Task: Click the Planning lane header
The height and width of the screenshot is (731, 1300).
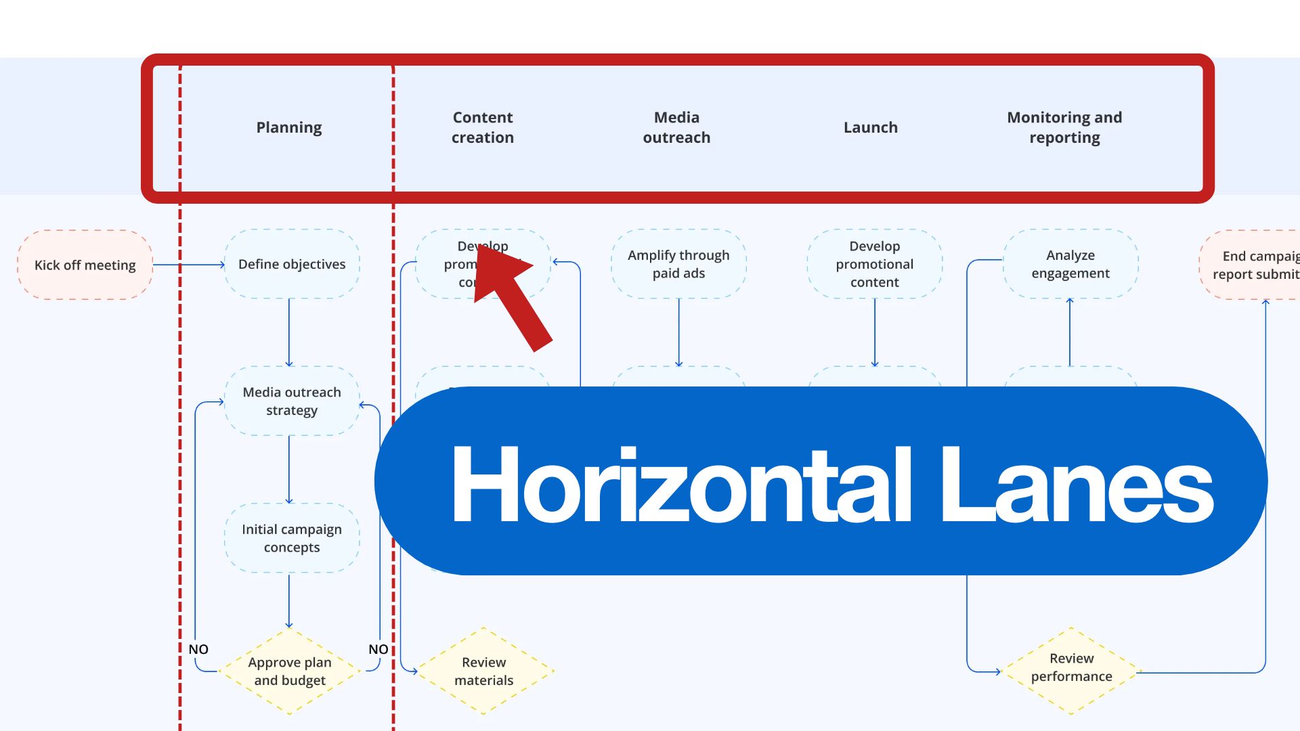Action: pos(289,127)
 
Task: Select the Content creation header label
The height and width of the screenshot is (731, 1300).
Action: pos(483,127)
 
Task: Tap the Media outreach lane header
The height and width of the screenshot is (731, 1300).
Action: pos(676,127)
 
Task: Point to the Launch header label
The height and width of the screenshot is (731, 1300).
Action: pos(871,127)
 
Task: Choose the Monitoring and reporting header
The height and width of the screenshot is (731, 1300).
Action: pos(1064,127)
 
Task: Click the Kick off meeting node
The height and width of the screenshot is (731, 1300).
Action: pos(85,265)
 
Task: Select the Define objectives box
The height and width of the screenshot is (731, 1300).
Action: pos(292,264)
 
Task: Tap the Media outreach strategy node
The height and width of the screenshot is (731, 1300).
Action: pos(292,401)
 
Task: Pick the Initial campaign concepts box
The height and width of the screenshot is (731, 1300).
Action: pos(292,538)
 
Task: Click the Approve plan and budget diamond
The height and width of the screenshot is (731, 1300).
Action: pos(290,671)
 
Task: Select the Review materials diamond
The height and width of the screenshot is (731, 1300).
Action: pos(483,671)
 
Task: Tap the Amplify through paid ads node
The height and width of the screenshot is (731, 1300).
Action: pos(678,264)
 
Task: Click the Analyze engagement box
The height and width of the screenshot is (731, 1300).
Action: pos(1070,264)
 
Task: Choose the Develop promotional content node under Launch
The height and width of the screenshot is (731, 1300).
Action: pos(875,264)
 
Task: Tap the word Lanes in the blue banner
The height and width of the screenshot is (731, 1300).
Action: pos(1077,484)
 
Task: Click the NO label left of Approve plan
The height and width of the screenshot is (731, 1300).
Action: pos(198,649)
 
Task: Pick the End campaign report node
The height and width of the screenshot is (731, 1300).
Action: pos(1253,265)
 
